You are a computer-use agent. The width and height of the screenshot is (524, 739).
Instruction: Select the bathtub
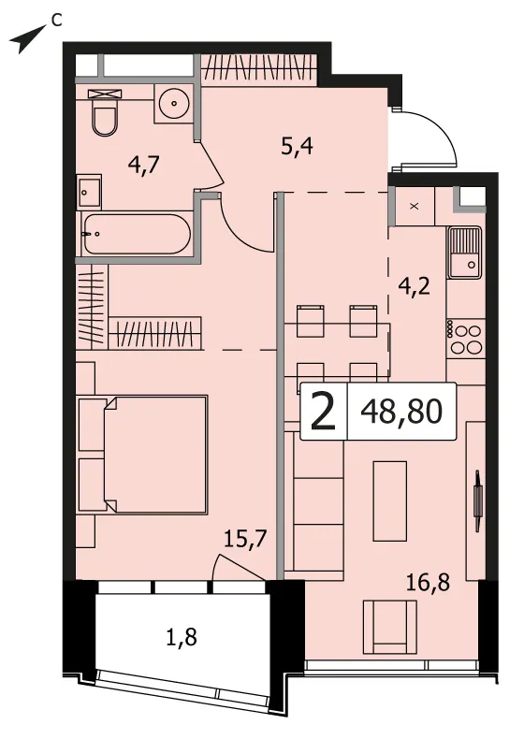point(137,235)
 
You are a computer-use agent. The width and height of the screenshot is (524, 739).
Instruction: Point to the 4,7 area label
point(144,166)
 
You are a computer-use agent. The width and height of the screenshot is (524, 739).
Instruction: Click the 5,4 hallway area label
point(297,148)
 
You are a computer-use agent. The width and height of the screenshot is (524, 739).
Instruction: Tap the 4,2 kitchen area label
point(414,285)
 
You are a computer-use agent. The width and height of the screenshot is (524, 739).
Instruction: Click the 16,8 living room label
point(428,584)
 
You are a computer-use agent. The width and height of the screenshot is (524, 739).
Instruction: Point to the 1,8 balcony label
point(182,638)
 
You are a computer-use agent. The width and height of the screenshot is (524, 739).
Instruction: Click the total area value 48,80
point(401,411)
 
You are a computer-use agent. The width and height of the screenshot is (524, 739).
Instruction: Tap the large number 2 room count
point(323,412)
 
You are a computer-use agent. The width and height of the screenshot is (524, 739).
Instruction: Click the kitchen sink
point(465,253)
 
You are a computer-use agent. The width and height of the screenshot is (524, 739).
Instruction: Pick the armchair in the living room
point(389,627)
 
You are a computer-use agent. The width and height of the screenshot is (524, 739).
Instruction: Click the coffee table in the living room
point(390,500)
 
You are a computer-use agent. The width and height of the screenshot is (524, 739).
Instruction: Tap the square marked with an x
point(415,206)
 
